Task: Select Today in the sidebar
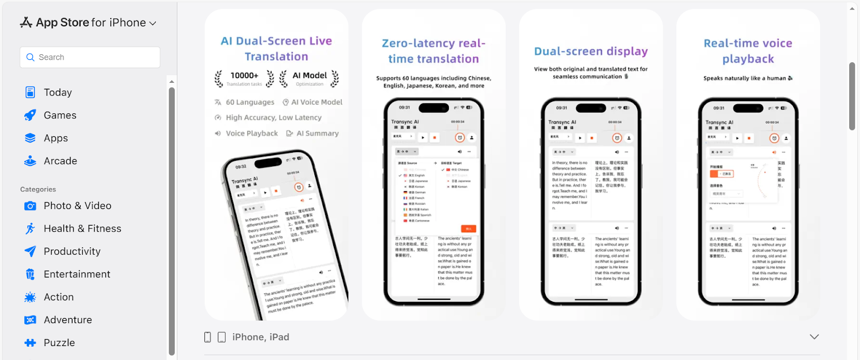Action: coord(58,92)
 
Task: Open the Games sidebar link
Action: coord(60,116)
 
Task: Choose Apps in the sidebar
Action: coord(56,138)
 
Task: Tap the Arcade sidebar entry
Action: coord(60,161)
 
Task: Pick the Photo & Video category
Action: coord(77,206)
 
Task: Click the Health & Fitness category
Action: coord(82,229)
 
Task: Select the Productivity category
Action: coord(72,251)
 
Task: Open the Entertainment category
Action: coord(77,275)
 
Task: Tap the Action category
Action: coord(59,297)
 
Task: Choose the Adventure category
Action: coord(68,320)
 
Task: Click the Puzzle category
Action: coord(59,343)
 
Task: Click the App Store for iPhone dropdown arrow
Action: coord(153,23)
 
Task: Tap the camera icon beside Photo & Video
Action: coord(31,206)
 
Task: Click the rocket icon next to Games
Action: coord(31,116)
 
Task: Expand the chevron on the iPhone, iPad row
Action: coord(814,337)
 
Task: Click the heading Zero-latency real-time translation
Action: coord(434,51)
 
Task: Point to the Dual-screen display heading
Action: coord(591,52)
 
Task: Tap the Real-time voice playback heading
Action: coord(748,51)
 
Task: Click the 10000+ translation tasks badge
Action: coord(245,78)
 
